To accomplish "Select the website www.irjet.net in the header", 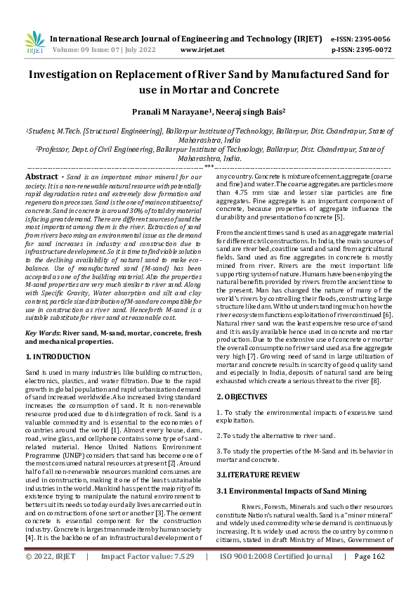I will [x=202, y=50].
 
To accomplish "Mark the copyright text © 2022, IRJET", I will [x=50, y=576].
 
